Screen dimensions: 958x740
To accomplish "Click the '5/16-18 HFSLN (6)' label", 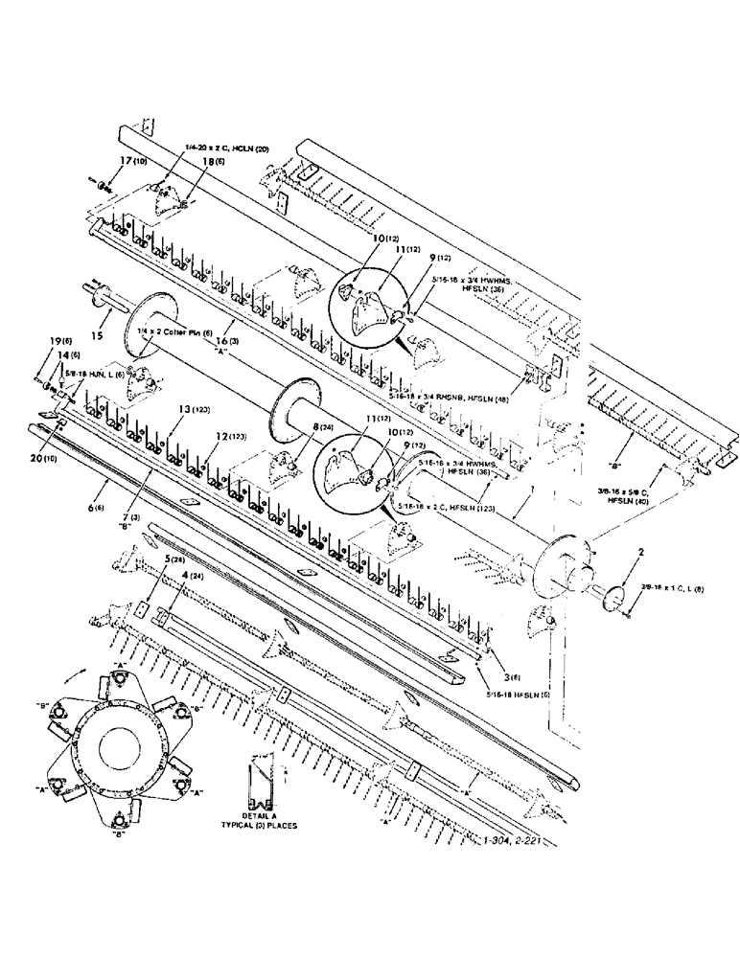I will [518, 686].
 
